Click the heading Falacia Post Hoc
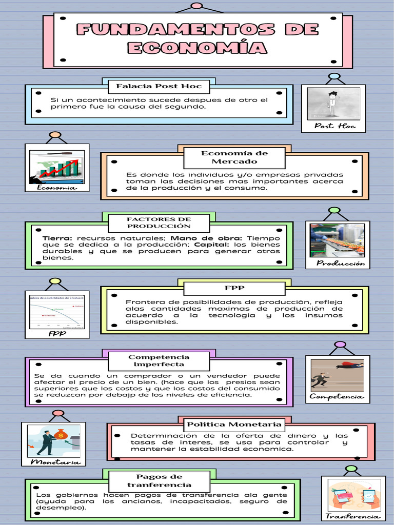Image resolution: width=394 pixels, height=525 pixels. [x=159, y=86]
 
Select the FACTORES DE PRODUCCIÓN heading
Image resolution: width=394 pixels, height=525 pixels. [x=159, y=223]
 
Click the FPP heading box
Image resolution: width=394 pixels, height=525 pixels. [x=234, y=288]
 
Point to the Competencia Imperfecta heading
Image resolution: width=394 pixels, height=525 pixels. [x=159, y=360]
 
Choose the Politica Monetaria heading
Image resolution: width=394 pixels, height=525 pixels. [x=234, y=425]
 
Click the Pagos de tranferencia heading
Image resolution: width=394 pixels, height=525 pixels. [x=159, y=481]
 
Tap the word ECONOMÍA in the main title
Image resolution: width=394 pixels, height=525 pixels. [x=198, y=48]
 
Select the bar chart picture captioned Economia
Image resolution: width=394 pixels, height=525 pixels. [x=57, y=166]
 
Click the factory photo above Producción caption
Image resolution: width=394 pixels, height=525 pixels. [x=337, y=240]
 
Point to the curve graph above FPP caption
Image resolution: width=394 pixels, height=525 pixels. [x=57, y=311]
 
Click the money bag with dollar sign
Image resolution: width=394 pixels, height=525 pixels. [x=61, y=435]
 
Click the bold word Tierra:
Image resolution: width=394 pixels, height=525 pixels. [x=58, y=238]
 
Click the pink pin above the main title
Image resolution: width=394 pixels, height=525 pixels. [x=196, y=6]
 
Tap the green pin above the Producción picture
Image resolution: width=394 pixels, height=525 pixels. [x=334, y=210]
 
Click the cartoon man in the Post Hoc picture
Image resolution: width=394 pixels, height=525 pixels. [x=333, y=103]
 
